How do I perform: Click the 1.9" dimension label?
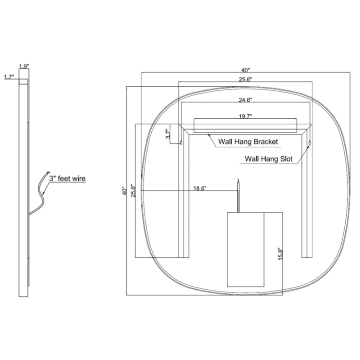(24, 67)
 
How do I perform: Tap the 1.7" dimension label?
(9, 77)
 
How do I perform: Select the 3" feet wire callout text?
(67, 178)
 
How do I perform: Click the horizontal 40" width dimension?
(245, 70)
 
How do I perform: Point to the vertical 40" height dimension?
(125, 190)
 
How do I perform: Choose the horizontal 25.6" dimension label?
(245, 80)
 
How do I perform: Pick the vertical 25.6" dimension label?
(133, 190)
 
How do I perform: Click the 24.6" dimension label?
(245, 100)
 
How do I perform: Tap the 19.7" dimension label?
(245, 117)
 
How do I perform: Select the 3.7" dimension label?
(168, 134)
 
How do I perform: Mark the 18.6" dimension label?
(200, 189)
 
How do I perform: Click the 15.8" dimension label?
(280, 254)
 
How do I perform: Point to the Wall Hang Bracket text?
(248, 142)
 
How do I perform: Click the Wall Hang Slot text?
(269, 159)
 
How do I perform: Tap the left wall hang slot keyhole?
(181, 143)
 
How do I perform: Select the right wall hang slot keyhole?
(310, 143)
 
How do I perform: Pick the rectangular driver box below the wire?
(245, 250)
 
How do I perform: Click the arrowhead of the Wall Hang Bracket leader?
(209, 135)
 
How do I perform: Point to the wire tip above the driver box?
(238, 179)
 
